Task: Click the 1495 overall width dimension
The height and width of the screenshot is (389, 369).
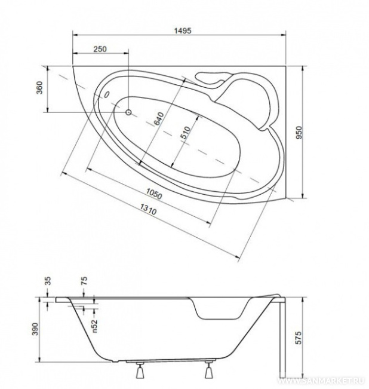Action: [x=183, y=30]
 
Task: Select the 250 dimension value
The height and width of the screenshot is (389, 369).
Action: [x=100, y=49]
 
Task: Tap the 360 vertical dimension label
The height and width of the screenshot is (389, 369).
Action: [x=39, y=88]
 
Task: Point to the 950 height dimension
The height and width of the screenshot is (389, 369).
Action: [x=299, y=133]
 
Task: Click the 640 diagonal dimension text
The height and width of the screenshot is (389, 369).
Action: [x=159, y=119]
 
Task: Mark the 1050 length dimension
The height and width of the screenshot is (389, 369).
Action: [x=153, y=194]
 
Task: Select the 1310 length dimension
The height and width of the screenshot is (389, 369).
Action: [x=148, y=209]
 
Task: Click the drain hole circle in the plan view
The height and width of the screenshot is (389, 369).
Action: [x=128, y=112]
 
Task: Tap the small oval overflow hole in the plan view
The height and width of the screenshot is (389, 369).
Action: [x=107, y=94]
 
